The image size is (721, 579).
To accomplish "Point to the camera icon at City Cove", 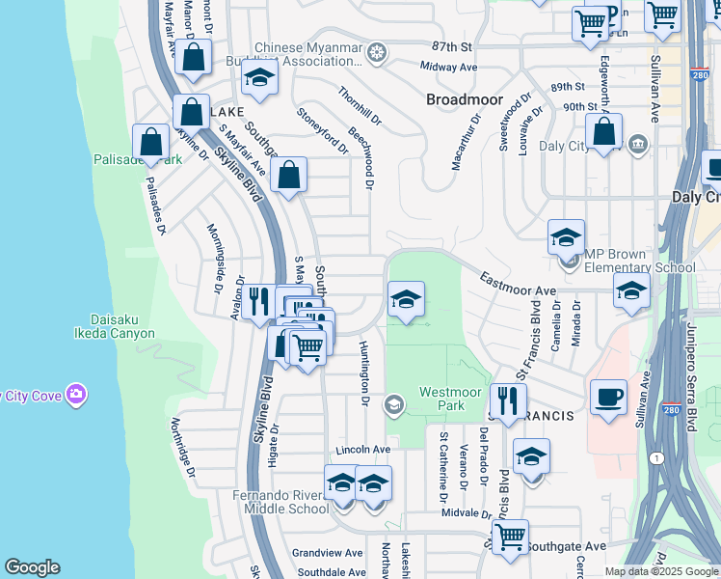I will coord(76,395).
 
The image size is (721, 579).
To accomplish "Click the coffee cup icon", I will coord(607,397).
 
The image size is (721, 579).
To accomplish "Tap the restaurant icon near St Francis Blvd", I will coord(507,400).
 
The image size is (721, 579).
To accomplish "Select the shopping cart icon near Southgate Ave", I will coord(509,537).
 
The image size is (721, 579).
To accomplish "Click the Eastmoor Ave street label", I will coord(519,289).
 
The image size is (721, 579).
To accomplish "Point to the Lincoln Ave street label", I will coord(362,450).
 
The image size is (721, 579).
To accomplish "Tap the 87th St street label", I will coord(454,46).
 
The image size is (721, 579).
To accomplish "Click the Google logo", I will coord(32,567).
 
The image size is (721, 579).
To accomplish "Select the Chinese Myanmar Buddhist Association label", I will coord(308,54).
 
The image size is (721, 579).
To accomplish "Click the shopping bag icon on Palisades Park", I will coord(151,142).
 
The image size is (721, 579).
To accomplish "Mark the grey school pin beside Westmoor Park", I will coord(393,403).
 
